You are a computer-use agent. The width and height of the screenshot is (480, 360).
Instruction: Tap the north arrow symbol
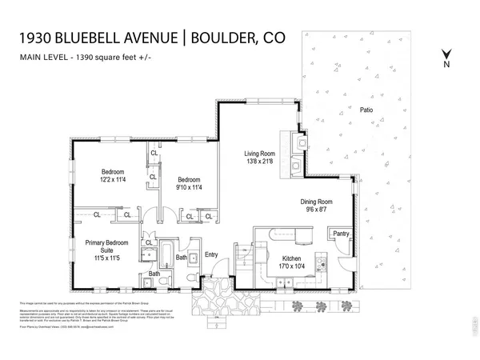447,57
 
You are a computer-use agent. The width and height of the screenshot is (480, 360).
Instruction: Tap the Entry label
211,255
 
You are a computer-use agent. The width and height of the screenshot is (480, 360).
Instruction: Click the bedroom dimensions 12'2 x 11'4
111,180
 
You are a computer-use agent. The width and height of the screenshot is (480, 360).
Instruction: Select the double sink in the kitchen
284,281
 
